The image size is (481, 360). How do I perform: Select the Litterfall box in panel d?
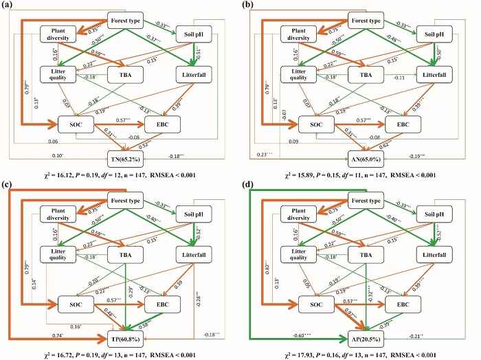click(x=430, y=254)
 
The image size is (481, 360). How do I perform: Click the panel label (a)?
click(x=10, y=6)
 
